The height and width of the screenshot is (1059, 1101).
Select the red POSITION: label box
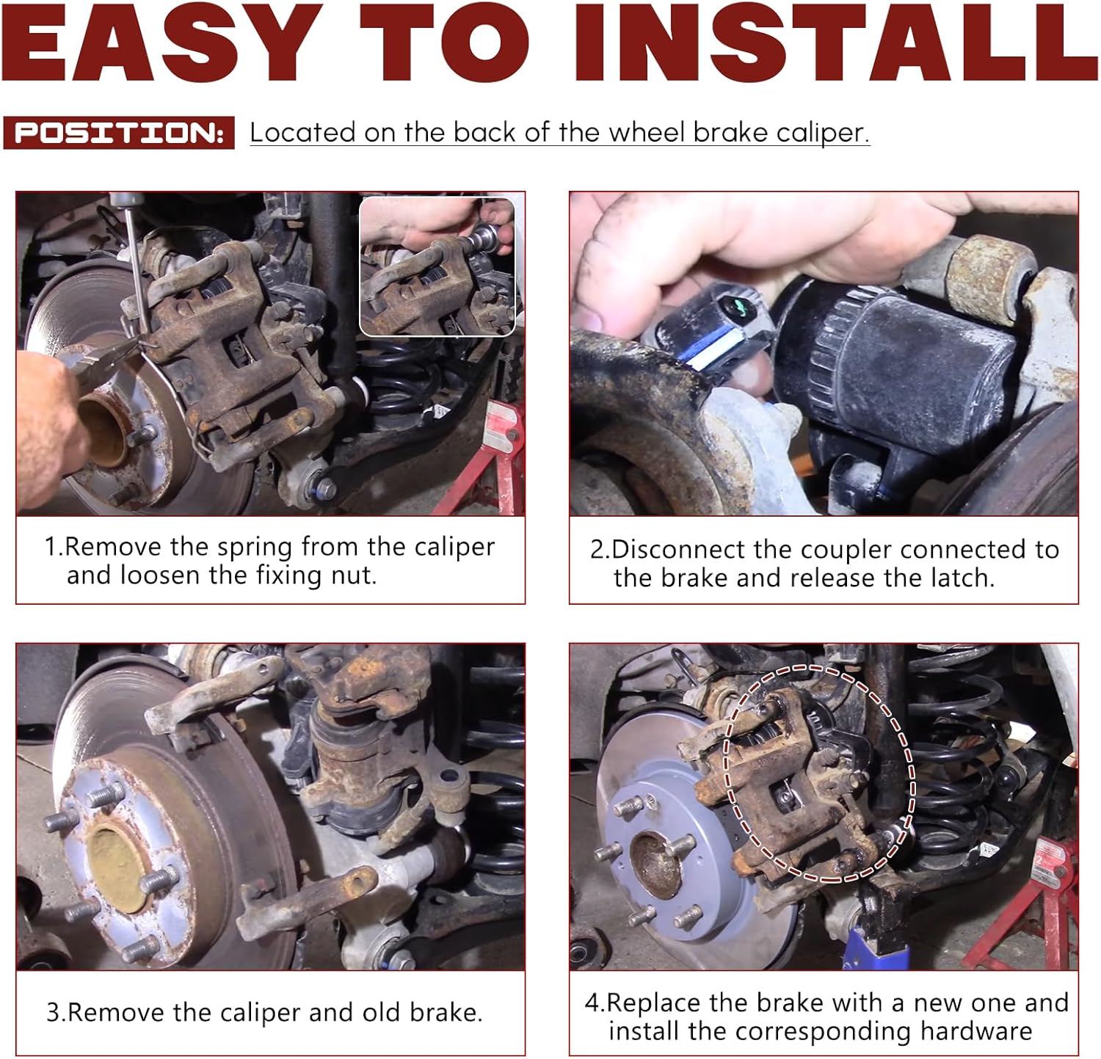point(119,133)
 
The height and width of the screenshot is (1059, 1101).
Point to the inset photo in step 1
point(437,266)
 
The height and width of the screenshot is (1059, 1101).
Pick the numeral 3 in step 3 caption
point(53,1013)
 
